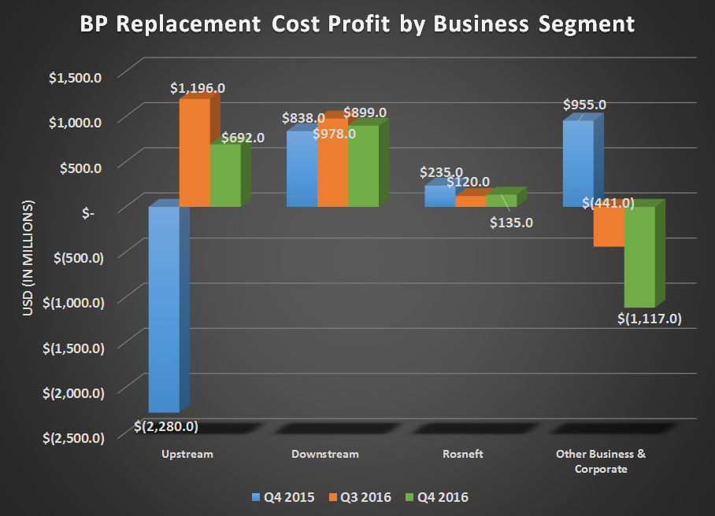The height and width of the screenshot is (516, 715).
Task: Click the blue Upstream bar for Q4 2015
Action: click(164, 308)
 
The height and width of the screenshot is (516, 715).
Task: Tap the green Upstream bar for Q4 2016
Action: click(225, 175)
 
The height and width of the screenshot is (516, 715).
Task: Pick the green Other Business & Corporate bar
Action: click(639, 256)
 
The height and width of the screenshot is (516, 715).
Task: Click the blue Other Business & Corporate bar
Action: click(577, 164)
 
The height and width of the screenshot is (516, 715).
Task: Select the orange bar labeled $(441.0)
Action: click(609, 227)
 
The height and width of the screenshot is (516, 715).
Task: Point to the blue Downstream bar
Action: click(302, 169)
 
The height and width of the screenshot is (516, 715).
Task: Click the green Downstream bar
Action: click(363, 166)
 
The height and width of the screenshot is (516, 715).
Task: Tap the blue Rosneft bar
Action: click(439, 196)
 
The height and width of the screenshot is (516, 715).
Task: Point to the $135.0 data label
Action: click(512, 223)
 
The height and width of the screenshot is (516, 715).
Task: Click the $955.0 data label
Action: click(583, 105)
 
